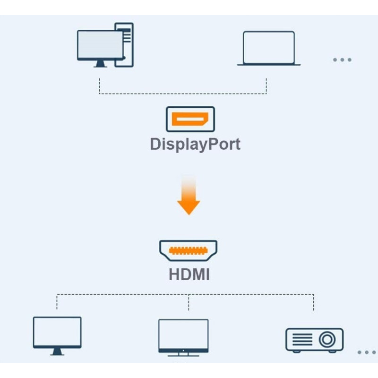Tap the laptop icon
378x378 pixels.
(x=268, y=47)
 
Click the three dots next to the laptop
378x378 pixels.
(x=342, y=60)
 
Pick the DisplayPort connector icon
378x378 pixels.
(x=190, y=119)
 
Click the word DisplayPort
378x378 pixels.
(x=195, y=144)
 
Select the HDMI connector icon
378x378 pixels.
(x=188, y=250)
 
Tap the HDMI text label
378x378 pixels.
(x=189, y=275)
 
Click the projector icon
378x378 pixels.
(x=314, y=339)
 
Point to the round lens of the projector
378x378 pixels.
(x=326, y=339)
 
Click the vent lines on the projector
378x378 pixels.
(x=302, y=339)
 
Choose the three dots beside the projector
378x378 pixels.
(x=366, y=352)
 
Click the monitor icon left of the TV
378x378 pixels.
(x=57, y=332)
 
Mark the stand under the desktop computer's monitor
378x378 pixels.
(x=101, y=64)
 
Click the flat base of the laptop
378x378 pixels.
(x=268, y=64)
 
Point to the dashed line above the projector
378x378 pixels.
(x=313, y=302)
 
